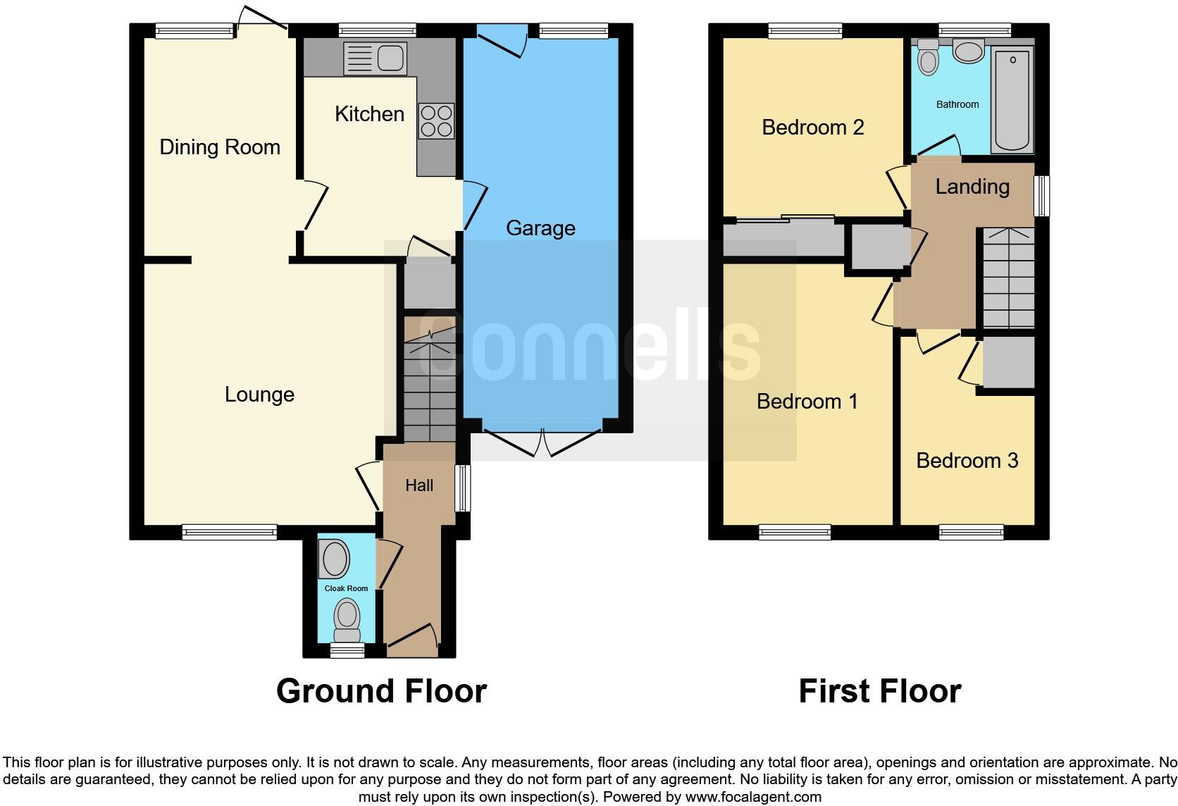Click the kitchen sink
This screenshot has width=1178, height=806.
pos(376,58)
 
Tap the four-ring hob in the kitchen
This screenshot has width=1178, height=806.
pos(436,120)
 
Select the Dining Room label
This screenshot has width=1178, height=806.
pos(220,147)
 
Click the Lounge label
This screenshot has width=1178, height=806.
pos(259,395)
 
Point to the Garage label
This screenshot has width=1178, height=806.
pos(540,228)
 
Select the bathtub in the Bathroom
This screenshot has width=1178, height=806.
pos(1012,99)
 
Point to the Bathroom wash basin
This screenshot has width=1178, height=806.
pos(968,51)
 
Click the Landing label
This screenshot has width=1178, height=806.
pos(972,187)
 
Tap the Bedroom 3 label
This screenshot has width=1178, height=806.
pos(967,461)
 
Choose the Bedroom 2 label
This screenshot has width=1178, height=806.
pos(812,128)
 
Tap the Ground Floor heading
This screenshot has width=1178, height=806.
pos(381,691)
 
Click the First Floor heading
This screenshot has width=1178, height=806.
pos(879,691)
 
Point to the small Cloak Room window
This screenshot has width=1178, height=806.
pos(347,650)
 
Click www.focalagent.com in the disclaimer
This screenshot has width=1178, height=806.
pos(753,798)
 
